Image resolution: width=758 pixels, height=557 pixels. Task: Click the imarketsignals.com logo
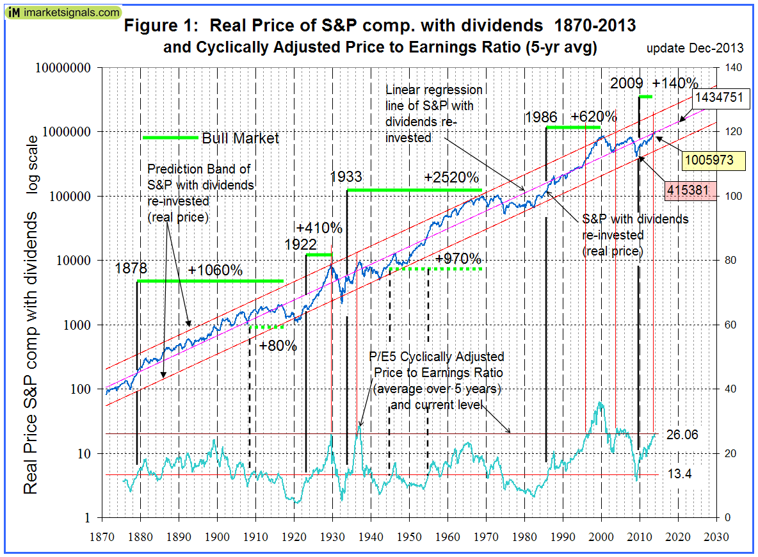(x=62, y=12)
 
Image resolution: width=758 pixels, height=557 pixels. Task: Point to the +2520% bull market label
(x=451, y=177)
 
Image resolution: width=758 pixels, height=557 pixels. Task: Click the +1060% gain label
(x=215, y=270)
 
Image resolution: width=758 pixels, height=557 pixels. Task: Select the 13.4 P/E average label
(x=678, y=474)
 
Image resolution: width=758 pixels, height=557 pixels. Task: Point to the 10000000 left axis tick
(x=66, y=68)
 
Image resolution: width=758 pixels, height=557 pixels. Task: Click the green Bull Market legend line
(x=170, y=138)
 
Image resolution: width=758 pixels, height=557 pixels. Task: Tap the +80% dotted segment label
(x=278, y=346)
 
